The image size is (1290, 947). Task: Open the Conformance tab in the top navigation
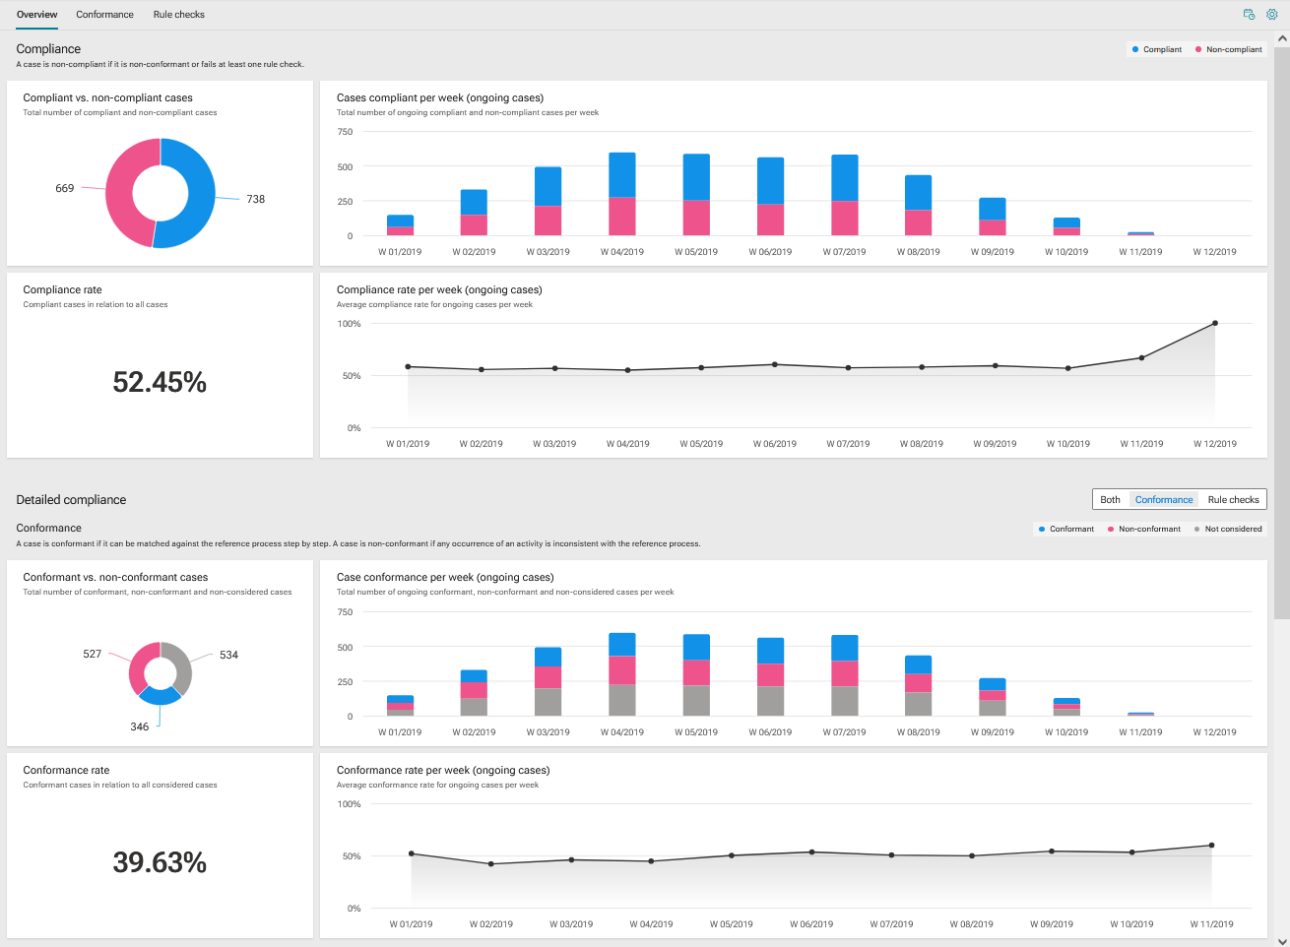point(104,15)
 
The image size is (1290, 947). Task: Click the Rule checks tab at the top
point(178,15)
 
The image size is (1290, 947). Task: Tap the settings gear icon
point(1271,15)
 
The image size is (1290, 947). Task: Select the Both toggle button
point(1110,500)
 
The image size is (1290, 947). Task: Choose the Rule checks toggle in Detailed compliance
point(1233,500)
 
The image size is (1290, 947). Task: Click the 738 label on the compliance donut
point(256,199)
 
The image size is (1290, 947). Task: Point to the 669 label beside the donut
point(65,188)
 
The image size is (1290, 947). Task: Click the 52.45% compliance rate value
point(160,382)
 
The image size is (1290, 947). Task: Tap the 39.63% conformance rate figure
point(160,861)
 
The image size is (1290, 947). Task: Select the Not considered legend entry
point(1228,529)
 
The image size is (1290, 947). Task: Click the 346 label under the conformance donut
point(140,726)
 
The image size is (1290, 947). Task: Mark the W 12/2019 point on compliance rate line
point(1215,323)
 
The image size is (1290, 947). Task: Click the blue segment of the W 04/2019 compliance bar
point(622,175)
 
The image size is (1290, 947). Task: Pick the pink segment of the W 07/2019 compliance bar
point(844,219)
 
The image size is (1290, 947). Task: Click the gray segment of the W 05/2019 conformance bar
point(696,701)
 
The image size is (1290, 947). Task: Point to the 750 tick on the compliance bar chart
point(345,132)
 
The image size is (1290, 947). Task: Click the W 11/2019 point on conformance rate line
point(1211,845)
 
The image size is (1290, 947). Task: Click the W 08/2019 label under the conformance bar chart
point(918,732)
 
